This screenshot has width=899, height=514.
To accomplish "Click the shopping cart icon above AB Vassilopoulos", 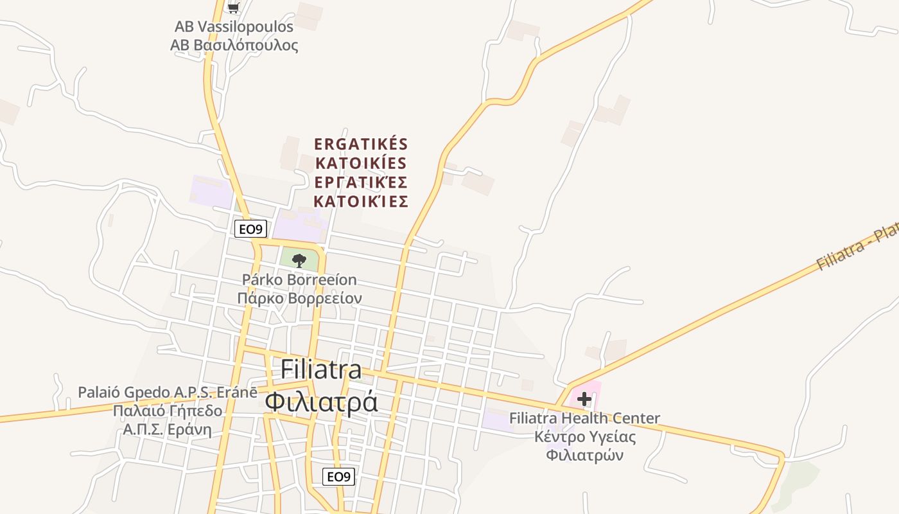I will pyautogui.click(x=234, y=8).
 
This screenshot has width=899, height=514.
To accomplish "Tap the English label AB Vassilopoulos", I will pyautogui.click(x=234, y=27).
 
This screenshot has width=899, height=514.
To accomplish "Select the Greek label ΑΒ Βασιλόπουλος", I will pyautogui.click(x=234, y=46).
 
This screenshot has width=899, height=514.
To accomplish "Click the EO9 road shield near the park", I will pyautogui.click(x=250, y=229).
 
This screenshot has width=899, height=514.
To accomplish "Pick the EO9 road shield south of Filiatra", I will pyautogui.click(x=338, y=477).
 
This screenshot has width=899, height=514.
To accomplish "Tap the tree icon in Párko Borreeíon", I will pyautogui.click(x=299, y=260).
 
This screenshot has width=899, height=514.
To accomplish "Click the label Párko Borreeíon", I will pyautogui.click(x=299, y=280).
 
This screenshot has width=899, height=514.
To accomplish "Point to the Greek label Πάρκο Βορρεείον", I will pyautogui.click(x=299, y=299).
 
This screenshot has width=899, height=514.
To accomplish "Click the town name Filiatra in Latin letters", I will pyautogui.click(x=321, y=370).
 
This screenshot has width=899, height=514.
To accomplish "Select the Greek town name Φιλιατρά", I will pyautogui.click(x=321, y=402).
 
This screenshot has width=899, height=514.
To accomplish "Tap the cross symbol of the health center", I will pyautogui.click(x=584, y=399).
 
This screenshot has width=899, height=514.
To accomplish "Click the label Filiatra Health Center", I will pyautogui.click(x=584, y=418).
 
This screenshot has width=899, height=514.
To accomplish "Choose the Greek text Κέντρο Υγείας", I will pyautogui.click(x=585, y=437).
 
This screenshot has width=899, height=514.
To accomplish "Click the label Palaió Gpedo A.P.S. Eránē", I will pyautogui.click(x=168, y=392).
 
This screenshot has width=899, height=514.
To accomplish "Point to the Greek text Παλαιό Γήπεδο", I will pyautogui.click(x=168, y=411).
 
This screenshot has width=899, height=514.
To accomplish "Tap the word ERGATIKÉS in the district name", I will pyautogui.click(x=361, y=143).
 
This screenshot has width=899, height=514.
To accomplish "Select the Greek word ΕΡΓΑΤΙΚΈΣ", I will pyautogui.click(x=361, y=182).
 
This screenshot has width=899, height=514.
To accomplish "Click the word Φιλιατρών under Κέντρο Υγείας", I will pyautogui.click(x=585, y=456).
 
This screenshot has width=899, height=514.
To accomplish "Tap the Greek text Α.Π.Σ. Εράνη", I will pyautogui.click(x=168, y=429).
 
